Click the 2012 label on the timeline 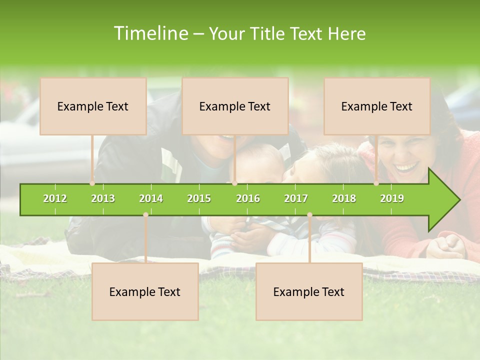point(55,198)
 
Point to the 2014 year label point(151,198)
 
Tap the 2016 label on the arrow point(248,198)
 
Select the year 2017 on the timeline point(296,198)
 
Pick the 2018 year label point(344,198)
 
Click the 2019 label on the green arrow point(392,198)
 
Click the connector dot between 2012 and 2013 point(92,183)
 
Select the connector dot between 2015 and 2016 point(234,183)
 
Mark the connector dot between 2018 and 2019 point(376,183)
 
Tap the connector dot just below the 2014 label point(145,215)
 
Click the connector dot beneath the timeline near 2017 point(309,215)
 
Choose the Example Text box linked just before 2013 point(93,106)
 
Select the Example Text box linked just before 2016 point(235,106)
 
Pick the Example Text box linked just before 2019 point(377,106)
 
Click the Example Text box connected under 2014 point(145,291)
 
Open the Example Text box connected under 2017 point(309,291)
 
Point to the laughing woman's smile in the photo point(407,166)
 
